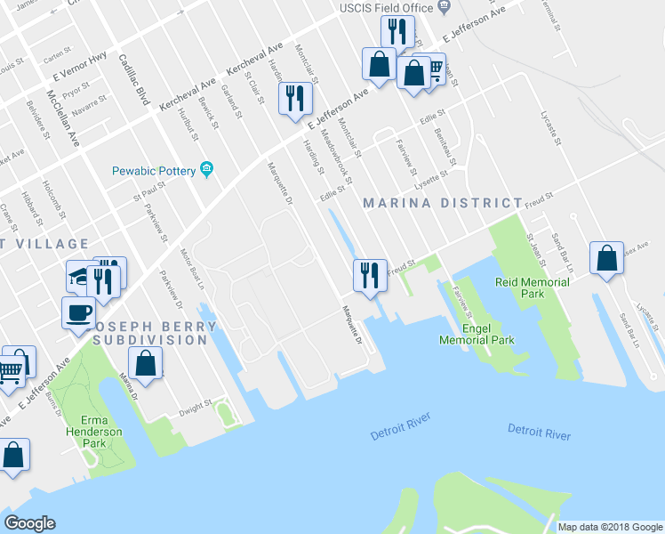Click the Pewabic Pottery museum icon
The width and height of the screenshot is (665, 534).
(x=207, y=169)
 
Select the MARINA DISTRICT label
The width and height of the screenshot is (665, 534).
(x=443, y=203)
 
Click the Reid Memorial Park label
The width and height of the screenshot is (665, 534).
(x=532, y=287)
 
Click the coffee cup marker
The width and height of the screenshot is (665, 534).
(x=78, y=313)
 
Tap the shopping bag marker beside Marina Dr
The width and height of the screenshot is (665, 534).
(x=146, y=362)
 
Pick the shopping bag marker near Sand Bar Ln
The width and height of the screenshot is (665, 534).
(x=606, y=259)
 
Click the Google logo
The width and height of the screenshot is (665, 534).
(x=29, y=523)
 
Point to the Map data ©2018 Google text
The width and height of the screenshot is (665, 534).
(x=609, y=527)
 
